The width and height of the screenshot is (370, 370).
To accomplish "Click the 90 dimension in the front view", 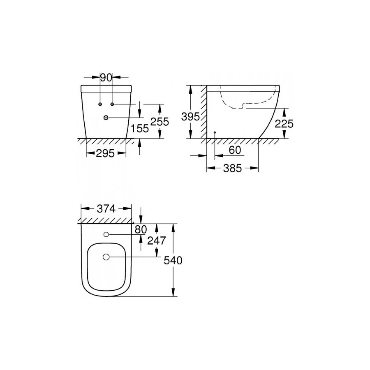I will tap(106, 77).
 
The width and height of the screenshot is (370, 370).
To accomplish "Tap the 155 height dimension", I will tap(140, 129).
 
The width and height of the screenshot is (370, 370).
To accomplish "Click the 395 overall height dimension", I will tap(190, 117).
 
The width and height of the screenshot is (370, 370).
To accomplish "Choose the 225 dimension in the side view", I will tap(284, 123).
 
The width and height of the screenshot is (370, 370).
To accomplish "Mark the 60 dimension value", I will tap(234, 150).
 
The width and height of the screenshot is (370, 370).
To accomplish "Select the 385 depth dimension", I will tap(233, 169).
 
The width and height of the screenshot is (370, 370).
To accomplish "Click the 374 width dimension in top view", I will tap(106, 209).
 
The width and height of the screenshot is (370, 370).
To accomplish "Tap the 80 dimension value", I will tap(141, 229).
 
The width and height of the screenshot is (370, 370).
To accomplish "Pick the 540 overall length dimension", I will tap(173, 260).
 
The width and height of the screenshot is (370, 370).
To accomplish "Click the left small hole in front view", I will tap(101, 104).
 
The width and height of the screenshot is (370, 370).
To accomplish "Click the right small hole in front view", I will tap(111, 104).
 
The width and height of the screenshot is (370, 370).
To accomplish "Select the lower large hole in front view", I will tap(106, 118).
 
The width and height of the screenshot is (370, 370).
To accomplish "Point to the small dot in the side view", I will tap(215, 133).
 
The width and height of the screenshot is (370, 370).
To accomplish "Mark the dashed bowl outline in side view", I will tap(247, 103).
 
